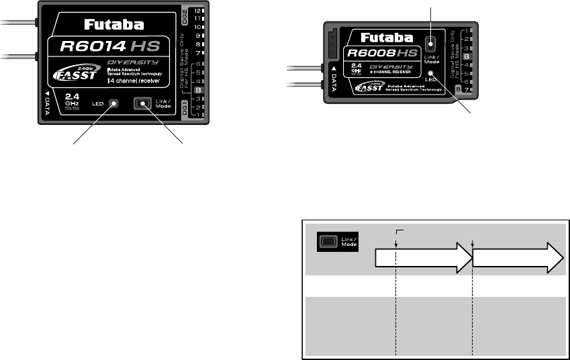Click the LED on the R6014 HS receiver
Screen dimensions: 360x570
coord(114,103)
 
